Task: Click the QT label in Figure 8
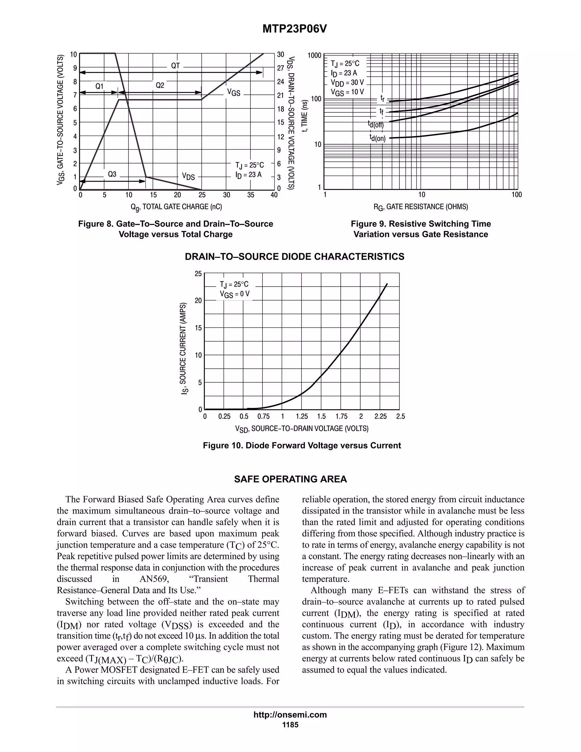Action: pos(176,66)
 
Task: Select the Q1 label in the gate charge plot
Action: pos(100,86)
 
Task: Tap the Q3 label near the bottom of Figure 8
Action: pos(112,174)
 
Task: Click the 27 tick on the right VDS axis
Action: pos(281,68)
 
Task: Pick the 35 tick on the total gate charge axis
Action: pos(250,195)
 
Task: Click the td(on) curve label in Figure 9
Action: pos(378,138)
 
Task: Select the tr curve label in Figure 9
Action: pos(382,98)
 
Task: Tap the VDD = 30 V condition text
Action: pos(347,83)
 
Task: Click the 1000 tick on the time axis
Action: pos(314,55)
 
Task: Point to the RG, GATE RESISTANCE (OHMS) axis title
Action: pos(421,207)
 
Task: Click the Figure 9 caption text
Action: pos(421,229)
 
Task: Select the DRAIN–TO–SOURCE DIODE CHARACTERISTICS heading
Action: pos(295,257)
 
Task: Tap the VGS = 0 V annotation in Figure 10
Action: pos(234,294)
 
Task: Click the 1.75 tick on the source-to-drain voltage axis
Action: pos(342,417)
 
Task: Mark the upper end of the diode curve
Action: pos(387,284)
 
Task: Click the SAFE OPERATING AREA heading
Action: pos(290,479)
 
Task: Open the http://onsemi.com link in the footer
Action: pos(290,715)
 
